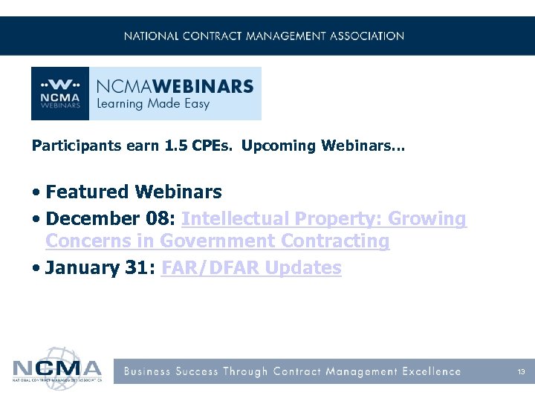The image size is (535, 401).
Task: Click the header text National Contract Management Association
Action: pos(264,36)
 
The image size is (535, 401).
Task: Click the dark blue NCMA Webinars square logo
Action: pos(60,94)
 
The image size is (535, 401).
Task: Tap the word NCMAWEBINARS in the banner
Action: pos(175,85)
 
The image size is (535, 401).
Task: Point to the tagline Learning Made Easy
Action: pos(154,104)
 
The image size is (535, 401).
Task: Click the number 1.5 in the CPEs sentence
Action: pos(172,146)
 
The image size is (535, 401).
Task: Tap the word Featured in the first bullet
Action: pos(87,192)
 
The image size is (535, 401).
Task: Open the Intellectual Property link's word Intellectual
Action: pos(235,219)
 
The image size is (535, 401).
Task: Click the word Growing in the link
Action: pos(427,219)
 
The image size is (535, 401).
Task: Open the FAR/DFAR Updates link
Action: pos(251,268)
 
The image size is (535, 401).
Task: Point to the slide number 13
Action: pos(522,371)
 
